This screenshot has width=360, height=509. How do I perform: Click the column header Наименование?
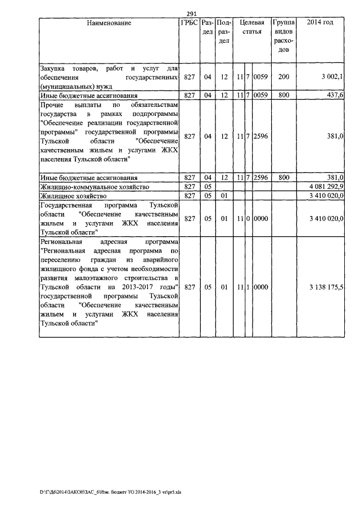point(109,24)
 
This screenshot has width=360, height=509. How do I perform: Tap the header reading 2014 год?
point(320,23)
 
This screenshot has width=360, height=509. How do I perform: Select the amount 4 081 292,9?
point(327,186)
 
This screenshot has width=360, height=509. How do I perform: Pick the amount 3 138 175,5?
point(327,287)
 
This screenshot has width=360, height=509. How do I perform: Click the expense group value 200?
point(283,77)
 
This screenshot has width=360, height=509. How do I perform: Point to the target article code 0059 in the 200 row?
point(260,77)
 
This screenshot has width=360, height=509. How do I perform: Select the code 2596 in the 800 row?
point(260,177)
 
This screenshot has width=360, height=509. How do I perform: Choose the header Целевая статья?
point(252,28)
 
